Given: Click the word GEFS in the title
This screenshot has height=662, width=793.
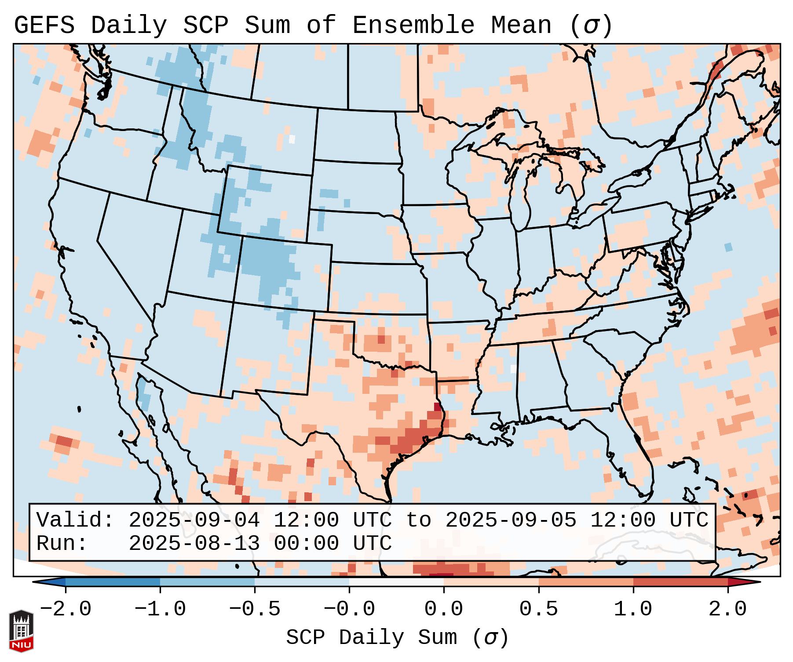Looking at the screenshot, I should pyautogui.click(x=44, y=25).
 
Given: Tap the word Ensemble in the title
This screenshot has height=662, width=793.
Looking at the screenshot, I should pyautogui.click(x=413, y=25).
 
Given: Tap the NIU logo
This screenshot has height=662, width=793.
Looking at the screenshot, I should pyautogui.click(x=21, y=631).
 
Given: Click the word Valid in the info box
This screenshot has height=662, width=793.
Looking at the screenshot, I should pyautogui.click(x=75, y=520).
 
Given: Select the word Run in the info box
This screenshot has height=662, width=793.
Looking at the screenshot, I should pyautogui.click(x=62, y=544).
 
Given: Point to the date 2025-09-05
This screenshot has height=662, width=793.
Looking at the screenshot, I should pyautogui.click(x=511, y=520).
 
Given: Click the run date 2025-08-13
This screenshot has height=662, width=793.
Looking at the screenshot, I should pyautogui.click(x=194, y=544).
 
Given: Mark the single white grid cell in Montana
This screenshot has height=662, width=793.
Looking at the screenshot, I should pyautogui.click(x=292, y=139).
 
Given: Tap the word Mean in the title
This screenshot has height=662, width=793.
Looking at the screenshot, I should pyautogui.click(x=521, y=25).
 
